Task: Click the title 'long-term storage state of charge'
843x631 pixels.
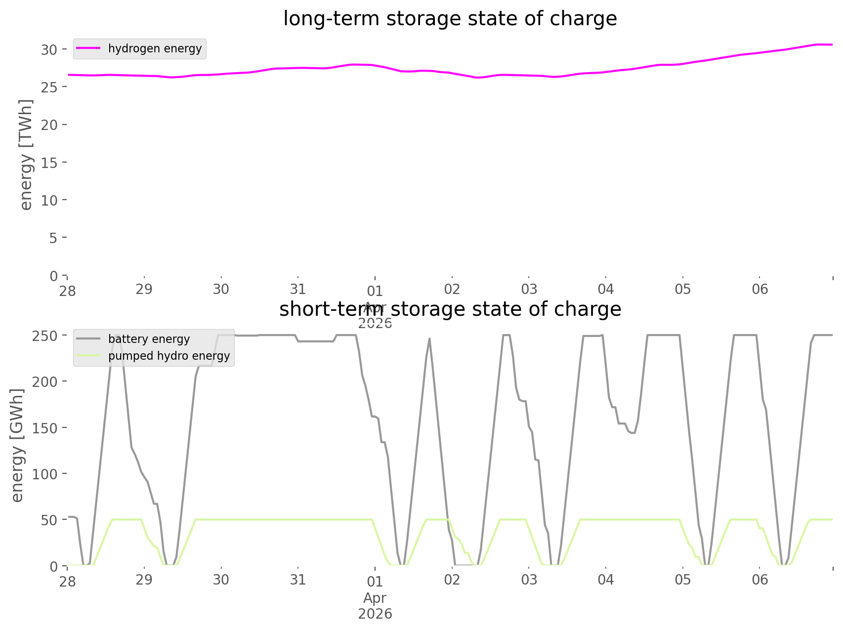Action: [450, 19]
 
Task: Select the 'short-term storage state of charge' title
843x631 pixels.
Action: [450, 309]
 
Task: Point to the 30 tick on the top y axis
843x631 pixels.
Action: [49, 49]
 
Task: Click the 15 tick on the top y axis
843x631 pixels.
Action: [49, 163]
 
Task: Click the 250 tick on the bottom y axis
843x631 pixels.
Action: [45, 336]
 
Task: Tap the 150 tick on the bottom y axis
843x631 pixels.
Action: [45, 428]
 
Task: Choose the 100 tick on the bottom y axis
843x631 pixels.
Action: [45, 474]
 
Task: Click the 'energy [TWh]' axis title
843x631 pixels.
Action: [26, 155]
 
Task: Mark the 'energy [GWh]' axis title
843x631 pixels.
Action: [17, 445]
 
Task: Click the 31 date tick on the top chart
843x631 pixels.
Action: [298, 289]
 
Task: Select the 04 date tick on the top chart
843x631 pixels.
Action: [606, 289]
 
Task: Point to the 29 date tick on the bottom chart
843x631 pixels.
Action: [144, 580]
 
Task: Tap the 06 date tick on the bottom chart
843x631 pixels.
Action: [760, 580]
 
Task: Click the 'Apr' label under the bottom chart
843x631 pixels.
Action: [375, 598]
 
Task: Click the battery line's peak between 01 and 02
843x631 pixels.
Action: [429, 339]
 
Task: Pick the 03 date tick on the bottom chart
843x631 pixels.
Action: [529, 580]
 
